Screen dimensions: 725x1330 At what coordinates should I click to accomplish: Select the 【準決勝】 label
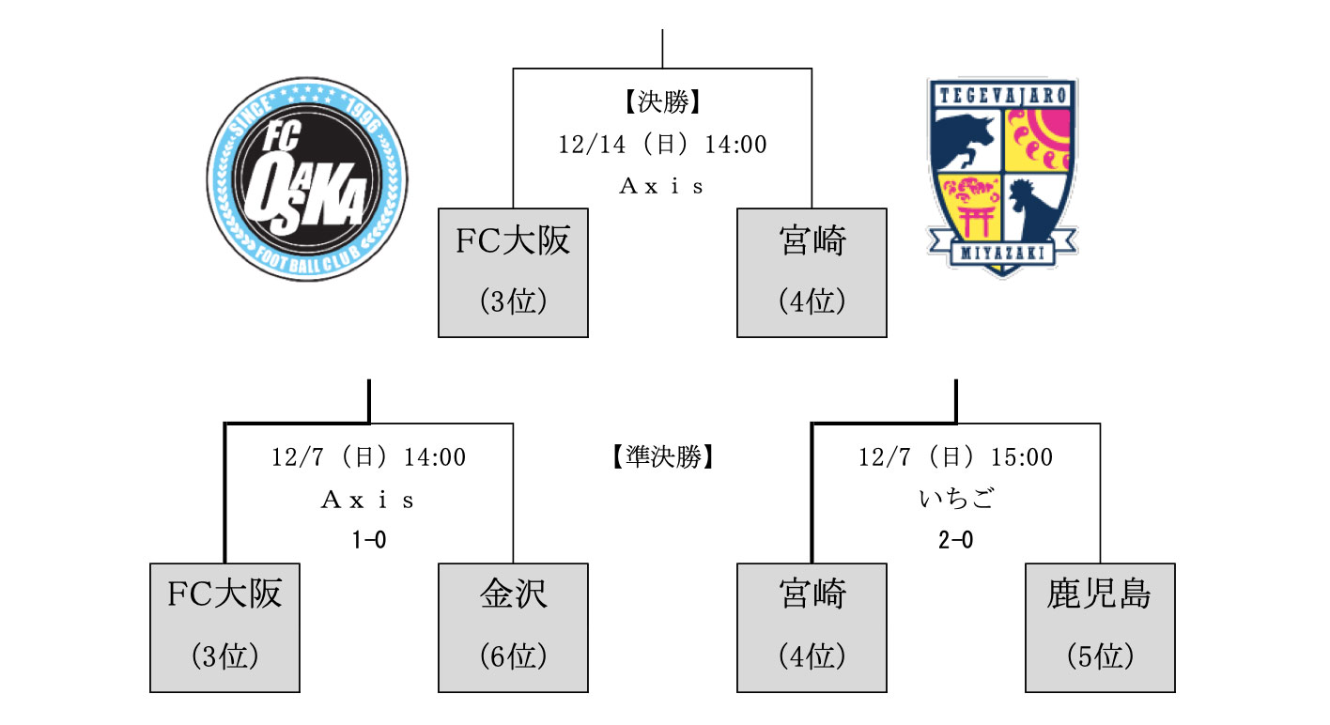click(x=662, y=457)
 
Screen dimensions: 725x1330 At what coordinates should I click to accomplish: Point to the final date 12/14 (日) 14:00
click(x=662, y=145)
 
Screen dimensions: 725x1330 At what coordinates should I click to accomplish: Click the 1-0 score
click(x=369, y=540)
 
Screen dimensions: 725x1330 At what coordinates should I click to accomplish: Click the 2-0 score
click(x=955, y=540)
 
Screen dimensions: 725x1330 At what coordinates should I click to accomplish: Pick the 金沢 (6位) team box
click(x=513, y=627)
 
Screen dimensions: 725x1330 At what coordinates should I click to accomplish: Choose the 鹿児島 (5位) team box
click(x=1100, y=627)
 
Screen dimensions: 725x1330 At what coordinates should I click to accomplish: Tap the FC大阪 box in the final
click(x=513, y=272)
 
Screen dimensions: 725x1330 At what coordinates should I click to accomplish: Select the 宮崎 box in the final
click(x=812, y=272)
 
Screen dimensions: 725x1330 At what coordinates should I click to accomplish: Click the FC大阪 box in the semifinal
click(x=224, y=627)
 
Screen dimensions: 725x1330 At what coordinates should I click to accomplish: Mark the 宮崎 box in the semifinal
click(x=812, y=627)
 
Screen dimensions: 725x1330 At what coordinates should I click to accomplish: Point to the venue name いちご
click(x=955, y=499)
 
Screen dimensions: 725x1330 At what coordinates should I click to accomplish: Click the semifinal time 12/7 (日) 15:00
click(x=955, y=457)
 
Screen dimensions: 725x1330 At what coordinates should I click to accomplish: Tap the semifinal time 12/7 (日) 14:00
click(x=369, y=457)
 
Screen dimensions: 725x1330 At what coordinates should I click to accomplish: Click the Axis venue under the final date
click(x=662, y=186)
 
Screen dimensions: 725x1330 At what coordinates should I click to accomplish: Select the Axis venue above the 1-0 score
click(x=369, y=500)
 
